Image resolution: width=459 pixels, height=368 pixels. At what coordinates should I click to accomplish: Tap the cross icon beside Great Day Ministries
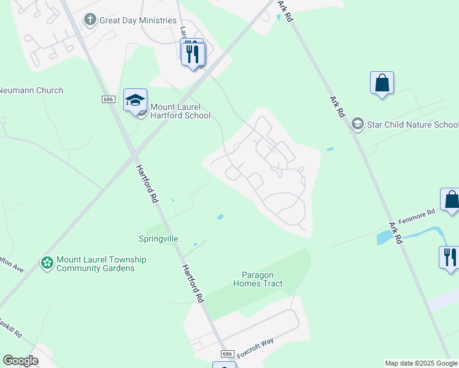point(90,20)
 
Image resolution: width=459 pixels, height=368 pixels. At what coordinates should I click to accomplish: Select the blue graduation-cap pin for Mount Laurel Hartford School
point(135,100)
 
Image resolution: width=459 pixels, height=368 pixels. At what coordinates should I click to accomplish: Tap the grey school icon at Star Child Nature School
point(357,125)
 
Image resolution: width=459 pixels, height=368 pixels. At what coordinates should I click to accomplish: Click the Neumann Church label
point(31,90)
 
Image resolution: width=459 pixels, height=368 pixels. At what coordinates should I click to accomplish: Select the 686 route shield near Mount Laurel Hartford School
point(109,99)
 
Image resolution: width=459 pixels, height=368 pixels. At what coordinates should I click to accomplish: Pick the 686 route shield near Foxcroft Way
point(227,355)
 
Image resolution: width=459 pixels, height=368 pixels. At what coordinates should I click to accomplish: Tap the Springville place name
point(158,238)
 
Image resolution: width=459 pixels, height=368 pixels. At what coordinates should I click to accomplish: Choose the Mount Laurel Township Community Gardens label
point(101,264)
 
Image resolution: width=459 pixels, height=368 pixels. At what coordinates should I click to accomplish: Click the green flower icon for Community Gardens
point(47,263)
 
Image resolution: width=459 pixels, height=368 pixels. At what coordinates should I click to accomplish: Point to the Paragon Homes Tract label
point(258,280)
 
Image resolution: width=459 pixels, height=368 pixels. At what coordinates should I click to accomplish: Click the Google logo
point(20,361)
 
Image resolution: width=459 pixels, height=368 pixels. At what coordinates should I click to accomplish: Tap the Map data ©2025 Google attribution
point(420,363)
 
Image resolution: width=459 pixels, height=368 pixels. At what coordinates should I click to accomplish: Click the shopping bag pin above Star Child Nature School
point(382,83)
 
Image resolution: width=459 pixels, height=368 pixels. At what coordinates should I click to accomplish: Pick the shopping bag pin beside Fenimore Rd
point(451,200)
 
